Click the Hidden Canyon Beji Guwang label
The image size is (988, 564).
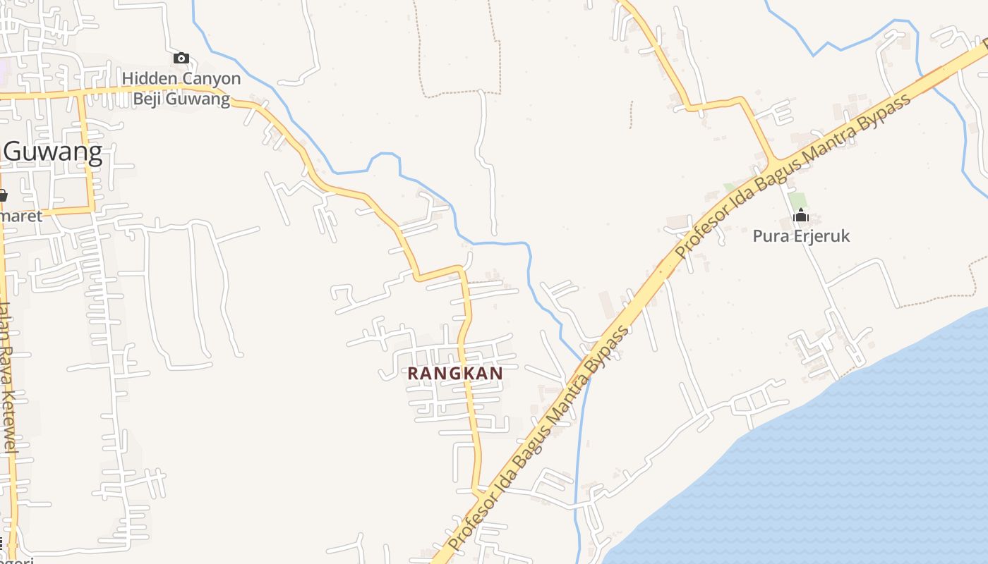coord(182,88)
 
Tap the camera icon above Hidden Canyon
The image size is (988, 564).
coord(181,58)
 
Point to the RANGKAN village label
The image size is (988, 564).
coord(455,373)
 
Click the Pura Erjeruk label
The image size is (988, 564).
coord(801,236)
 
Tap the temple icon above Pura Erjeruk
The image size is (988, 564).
coord(801,214)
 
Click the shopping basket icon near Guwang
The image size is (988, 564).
coord(2,195)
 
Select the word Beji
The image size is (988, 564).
coord(150,99)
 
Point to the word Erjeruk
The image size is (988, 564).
coord(821,236)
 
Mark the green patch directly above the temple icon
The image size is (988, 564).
coord(797,200)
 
